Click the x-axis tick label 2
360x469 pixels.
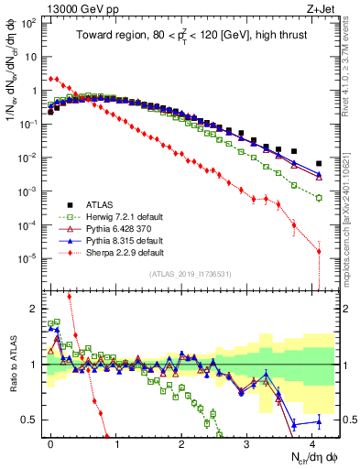pyautogui.click(x=181, y=442)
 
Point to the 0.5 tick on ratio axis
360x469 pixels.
pyautogui.click(x=32, y=420)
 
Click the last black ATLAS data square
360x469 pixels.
pyautogui.click(x=319, y=164)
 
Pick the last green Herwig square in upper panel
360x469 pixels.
pyautogui.click(x=319, y=198)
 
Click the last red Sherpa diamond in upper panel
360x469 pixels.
pyautogui.click(x=319, y=251)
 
